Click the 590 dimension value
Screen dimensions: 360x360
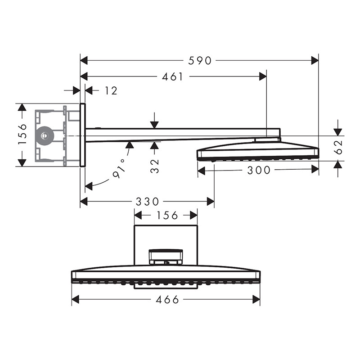[x=199, y=61]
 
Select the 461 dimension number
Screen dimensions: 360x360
[x=172, y=76]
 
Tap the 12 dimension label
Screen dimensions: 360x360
[x=111, y=91]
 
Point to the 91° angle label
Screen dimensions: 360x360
[x=120, y=169]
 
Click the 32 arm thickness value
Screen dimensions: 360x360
[x=155, y=166]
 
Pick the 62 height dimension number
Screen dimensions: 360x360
[x=339, y=147]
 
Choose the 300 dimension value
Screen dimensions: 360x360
[x=259, y=170]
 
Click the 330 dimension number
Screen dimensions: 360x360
[x=147, y=202]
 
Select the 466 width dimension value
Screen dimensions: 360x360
[x=167, y=299]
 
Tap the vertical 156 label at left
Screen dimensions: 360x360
[x=22, y=134]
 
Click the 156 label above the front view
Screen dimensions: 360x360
[x=167, y=216]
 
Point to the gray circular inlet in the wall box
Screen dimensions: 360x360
[x=45, y=136]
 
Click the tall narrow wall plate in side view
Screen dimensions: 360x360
[x=83, y=135]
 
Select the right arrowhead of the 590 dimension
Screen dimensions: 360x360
[x=315, y=61]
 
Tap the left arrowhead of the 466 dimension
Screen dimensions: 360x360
[x=76, y=299]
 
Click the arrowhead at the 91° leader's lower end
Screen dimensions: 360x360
[x=89, y=185]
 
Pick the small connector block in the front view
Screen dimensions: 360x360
[x=166, y=257]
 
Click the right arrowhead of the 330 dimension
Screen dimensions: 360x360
[x=210, y=202]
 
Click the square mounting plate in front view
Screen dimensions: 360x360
[x=166, y=245]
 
